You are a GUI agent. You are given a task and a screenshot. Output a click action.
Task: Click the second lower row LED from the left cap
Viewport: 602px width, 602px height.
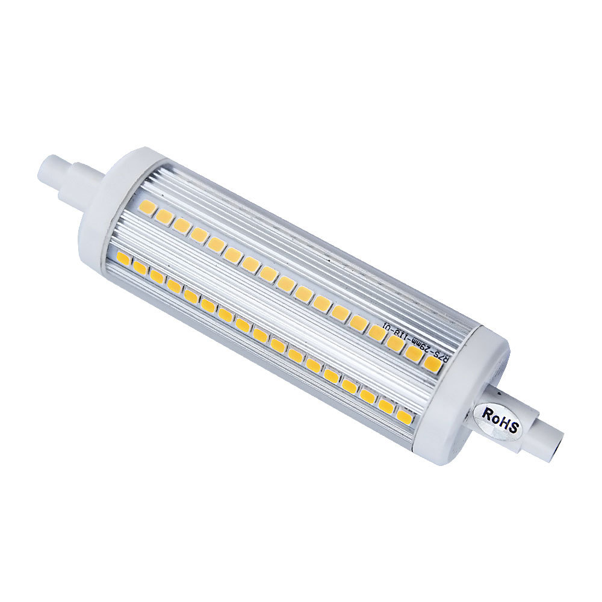(141, 267)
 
